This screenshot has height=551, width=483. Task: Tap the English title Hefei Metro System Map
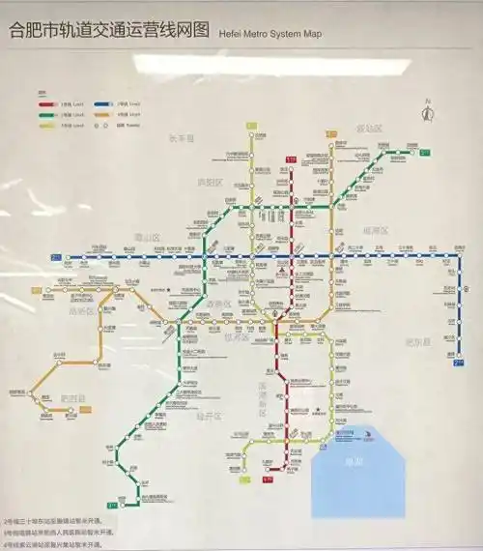tap(270, 32)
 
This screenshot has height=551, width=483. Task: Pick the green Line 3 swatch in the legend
tap(45, 113)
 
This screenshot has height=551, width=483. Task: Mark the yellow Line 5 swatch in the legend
tap(45, 125)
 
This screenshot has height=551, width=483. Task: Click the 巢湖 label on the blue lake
tap(354, 462)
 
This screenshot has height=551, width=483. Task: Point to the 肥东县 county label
tap(416, 341)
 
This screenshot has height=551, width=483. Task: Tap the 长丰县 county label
tap(181, 138)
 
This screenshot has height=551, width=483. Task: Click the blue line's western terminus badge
tap(55, 257)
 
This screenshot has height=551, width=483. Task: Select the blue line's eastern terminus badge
tap(458, 363)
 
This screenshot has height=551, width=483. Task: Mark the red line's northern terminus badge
tap(291, 159)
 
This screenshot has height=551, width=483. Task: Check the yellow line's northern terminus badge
tap(251, 126)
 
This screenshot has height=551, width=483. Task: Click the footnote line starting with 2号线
tap(58, 521)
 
